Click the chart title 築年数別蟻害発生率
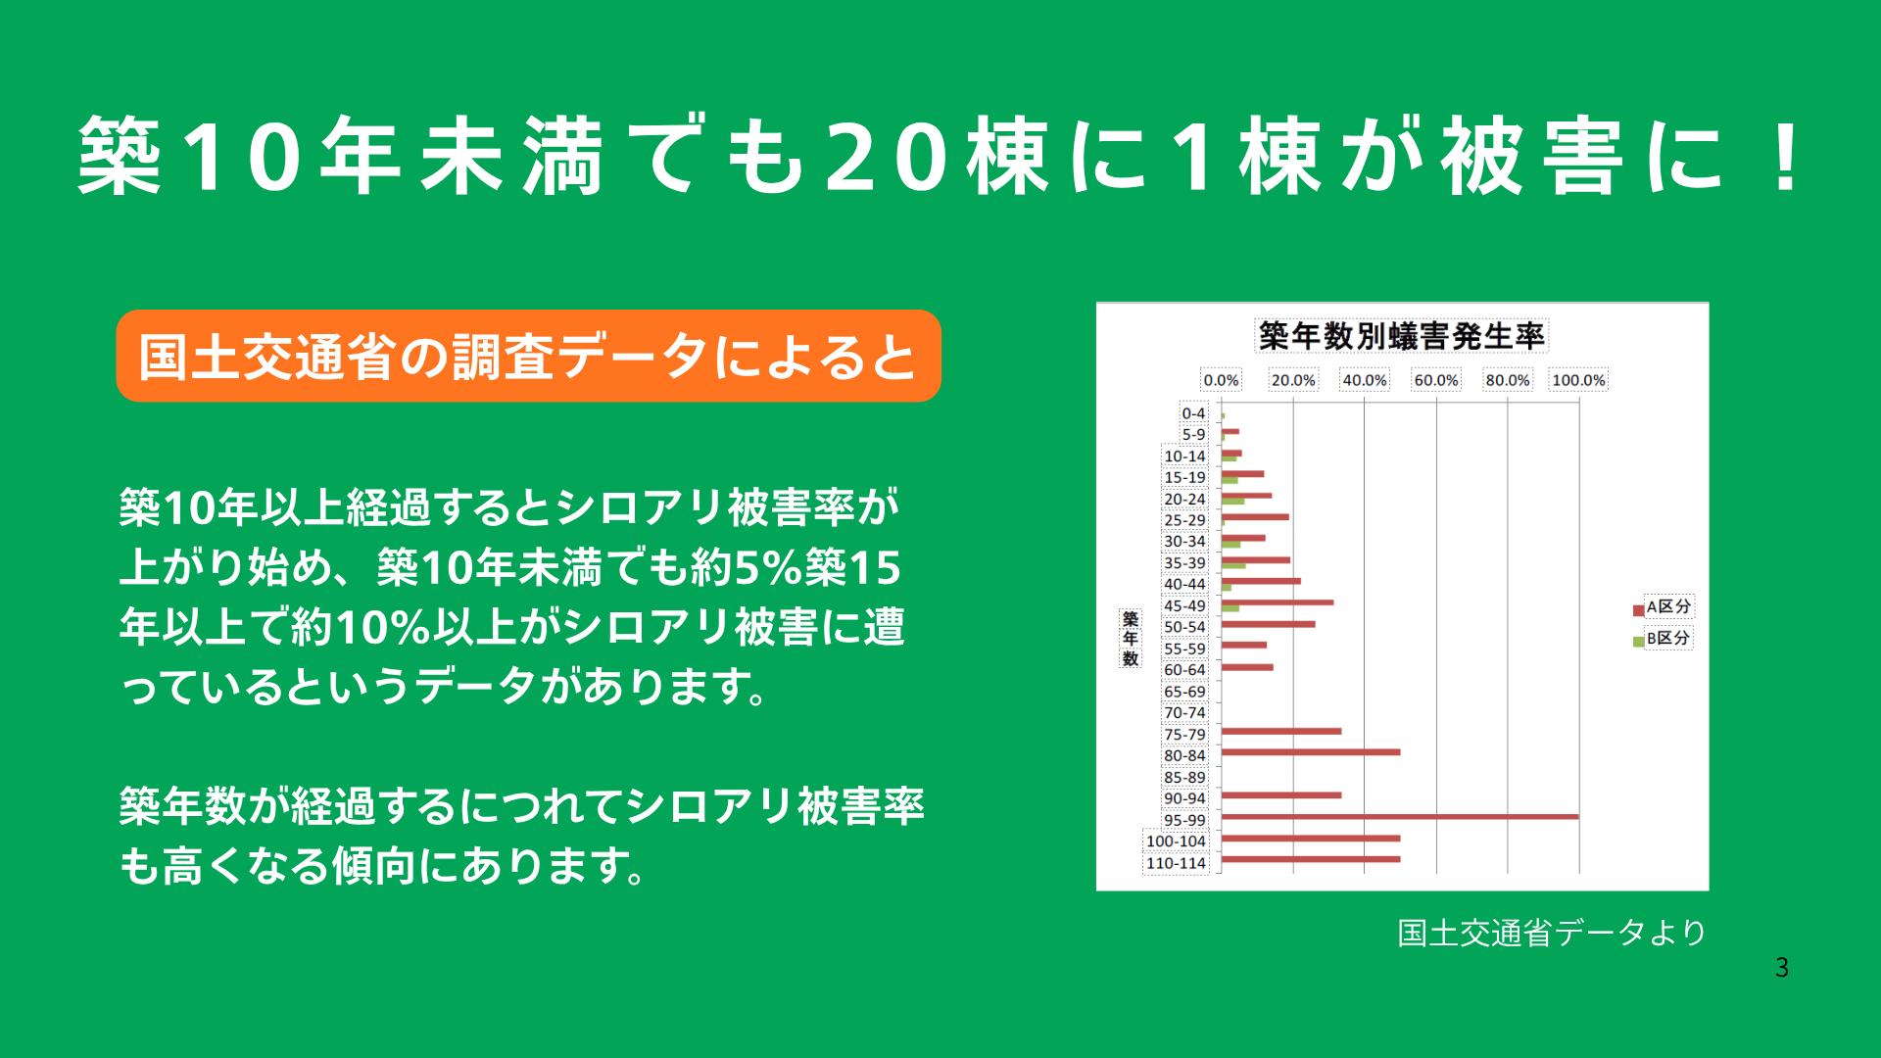coord(1401,336)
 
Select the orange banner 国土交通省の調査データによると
coord(528,356)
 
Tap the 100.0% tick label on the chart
coord(1578,380)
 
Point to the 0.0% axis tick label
coord(1221,380)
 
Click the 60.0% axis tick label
coord(1435,380)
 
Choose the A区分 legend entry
coord(1663,607)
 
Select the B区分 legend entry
coord(1663,639)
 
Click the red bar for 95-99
coord(1400,817)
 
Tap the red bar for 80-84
coord(1311,752)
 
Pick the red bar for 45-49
coord(1278,602)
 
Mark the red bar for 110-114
coord(1311,859)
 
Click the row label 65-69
coord(1184,692)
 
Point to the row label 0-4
coord(1193,413)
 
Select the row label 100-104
coord(1176,842)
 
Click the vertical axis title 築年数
coord(1131,639)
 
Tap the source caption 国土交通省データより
coord(1552,933)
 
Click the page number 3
coord(1782,968)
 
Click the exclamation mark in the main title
coord(1787,157)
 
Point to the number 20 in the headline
coord(887,157)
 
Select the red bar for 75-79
coord(1281,731)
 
